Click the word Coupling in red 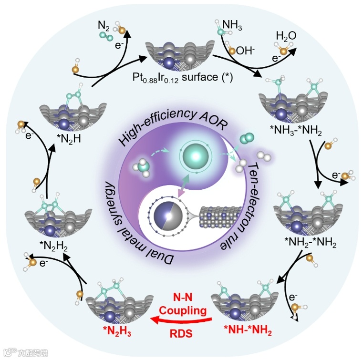(183, 310)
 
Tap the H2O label (286, 35)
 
